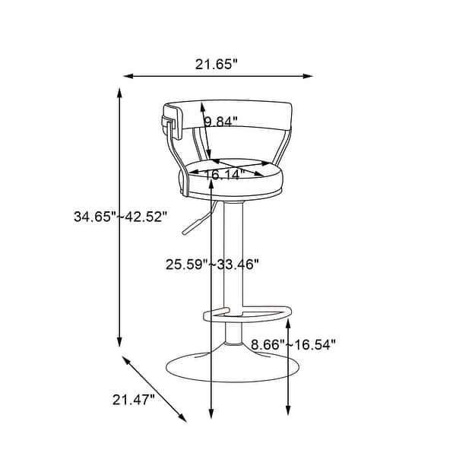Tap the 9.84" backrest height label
221,122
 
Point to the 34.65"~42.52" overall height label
119,217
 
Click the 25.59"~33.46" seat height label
213,264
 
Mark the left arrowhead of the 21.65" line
127,76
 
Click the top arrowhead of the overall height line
119,92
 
